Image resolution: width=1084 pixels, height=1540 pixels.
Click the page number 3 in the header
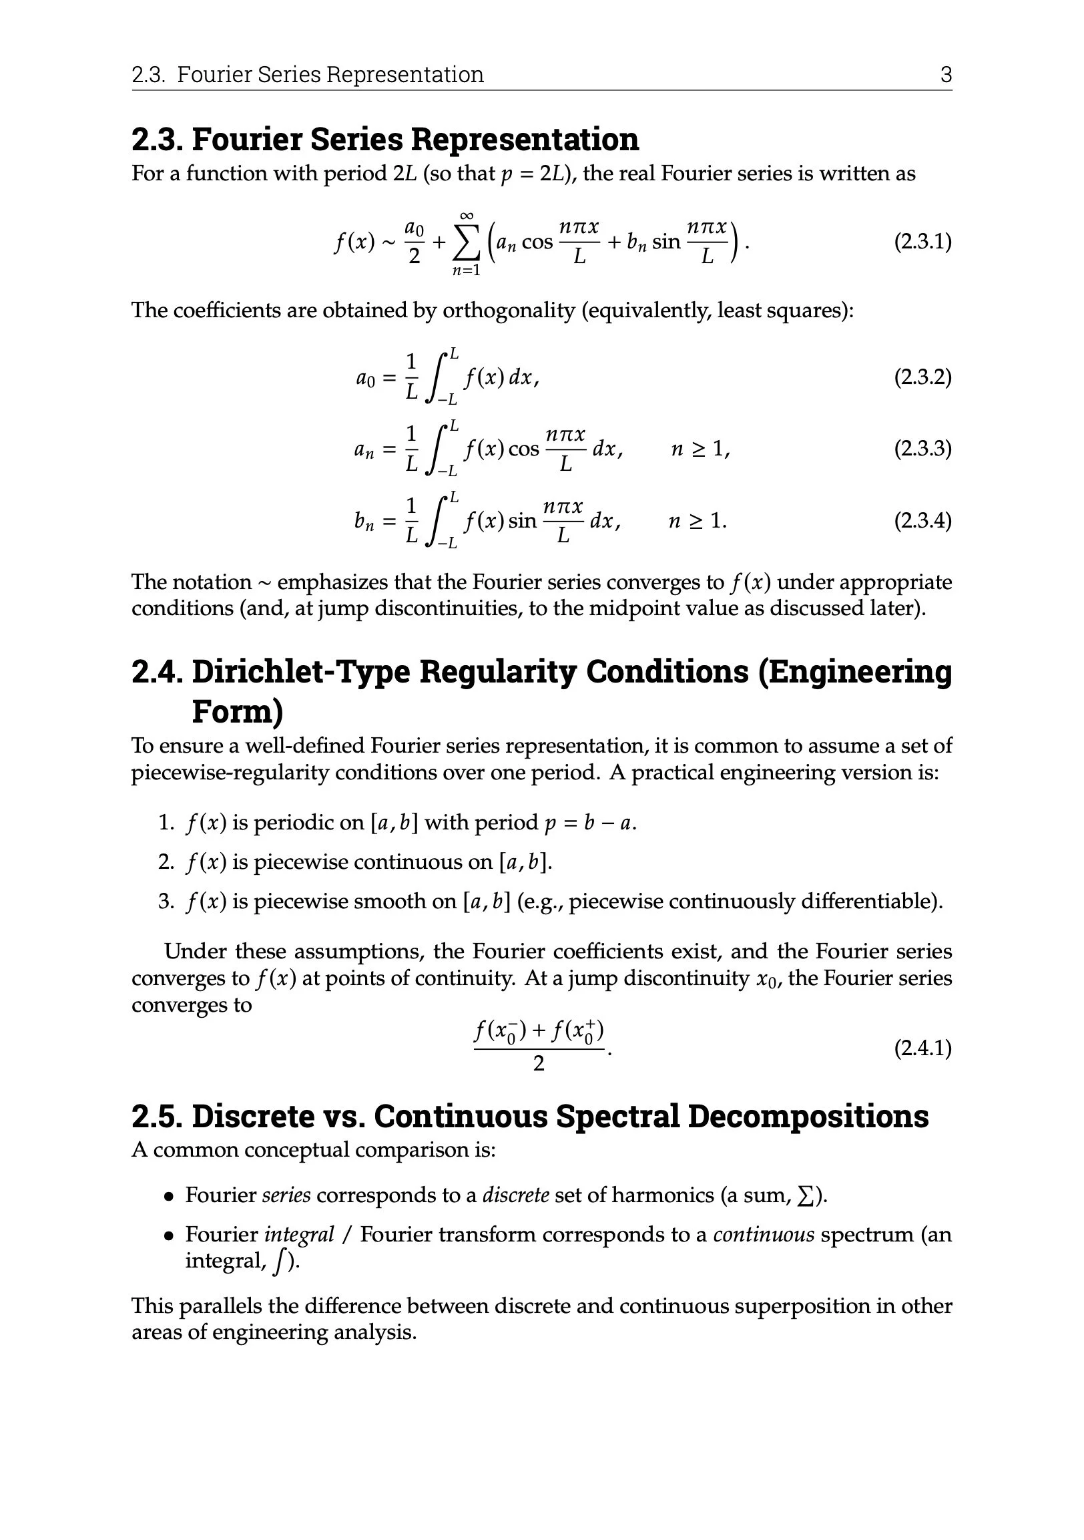946,74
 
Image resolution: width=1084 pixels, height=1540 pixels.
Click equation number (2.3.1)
922,242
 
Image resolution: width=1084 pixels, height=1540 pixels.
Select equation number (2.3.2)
922,377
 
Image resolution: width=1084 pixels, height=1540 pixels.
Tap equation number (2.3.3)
922,448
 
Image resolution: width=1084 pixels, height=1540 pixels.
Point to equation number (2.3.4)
922,520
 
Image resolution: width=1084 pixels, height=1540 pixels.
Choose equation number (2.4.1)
922,1048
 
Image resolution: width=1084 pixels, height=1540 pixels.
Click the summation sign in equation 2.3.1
467,243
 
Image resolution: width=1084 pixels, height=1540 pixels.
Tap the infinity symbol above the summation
467,215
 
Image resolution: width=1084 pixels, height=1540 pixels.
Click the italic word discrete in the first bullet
515,1195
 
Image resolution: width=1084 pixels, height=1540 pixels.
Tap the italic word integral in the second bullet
299,1235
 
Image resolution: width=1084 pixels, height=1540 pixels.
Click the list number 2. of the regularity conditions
166,862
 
